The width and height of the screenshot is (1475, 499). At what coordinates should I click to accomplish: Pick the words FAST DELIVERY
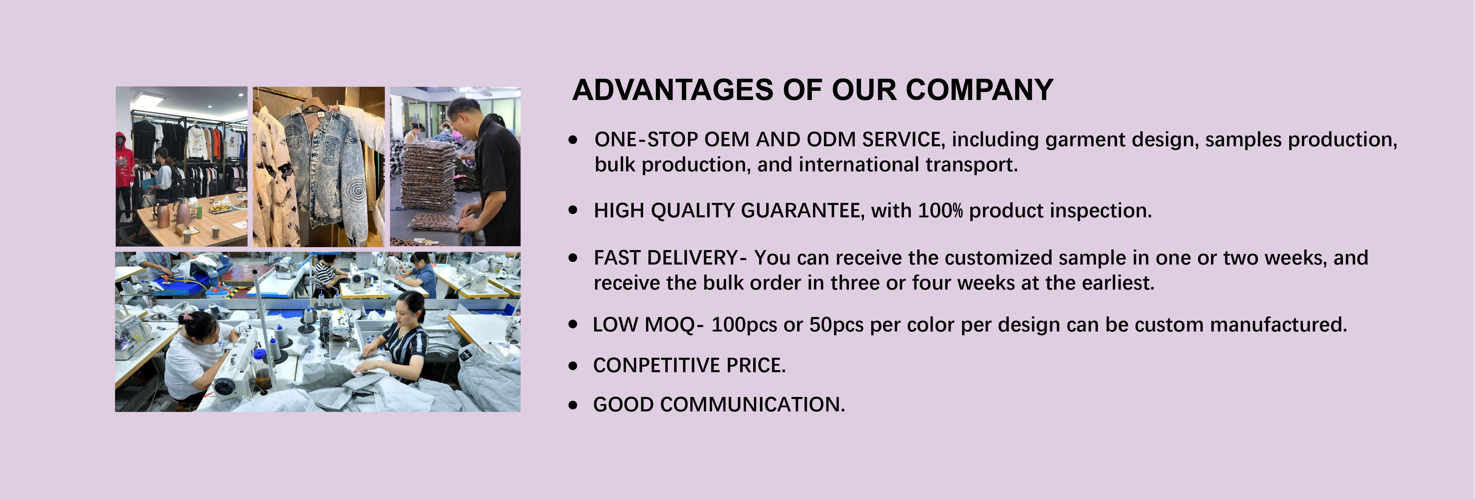(666, 258)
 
